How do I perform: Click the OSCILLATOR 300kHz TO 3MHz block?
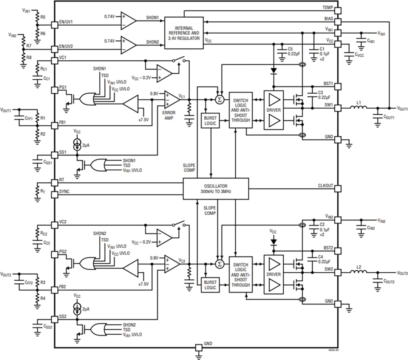click(216, 188)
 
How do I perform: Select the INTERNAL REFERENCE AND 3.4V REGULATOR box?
click(184, 33)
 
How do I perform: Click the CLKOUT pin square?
click(338, 188)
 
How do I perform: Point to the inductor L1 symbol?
click(359, 108)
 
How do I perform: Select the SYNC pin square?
click(54, 192)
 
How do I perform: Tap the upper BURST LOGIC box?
click(210, 121)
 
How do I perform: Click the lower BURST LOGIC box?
click(210, 285)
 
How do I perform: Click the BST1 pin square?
click(338, 87)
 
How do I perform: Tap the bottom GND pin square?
click(198, 347)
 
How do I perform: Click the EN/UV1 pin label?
click(66, 22)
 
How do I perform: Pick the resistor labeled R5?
click(37, 17)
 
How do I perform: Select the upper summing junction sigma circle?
click(219, 100)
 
